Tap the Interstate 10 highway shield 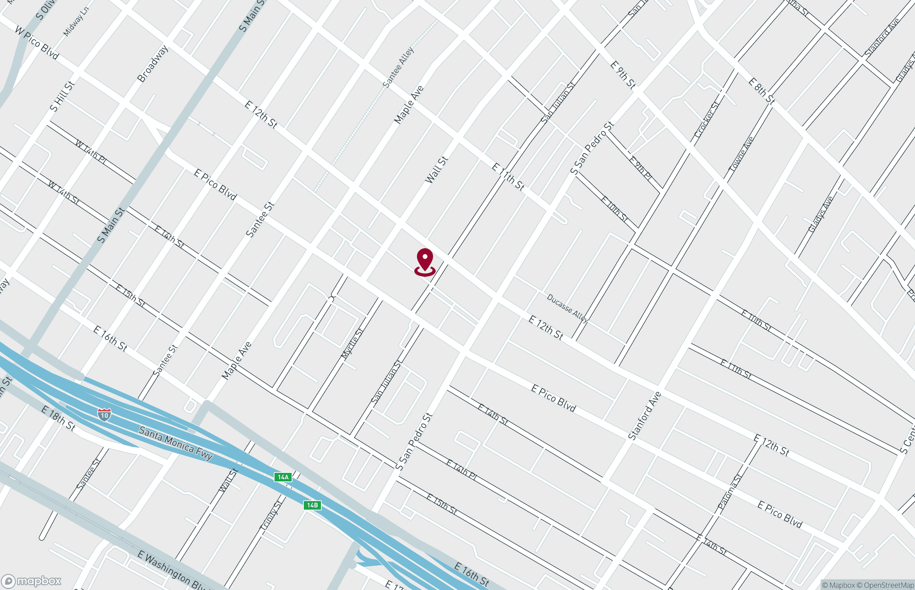104,415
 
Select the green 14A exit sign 283,477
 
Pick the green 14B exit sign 312,505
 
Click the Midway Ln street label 76,22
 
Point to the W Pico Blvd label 37,42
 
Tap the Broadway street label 153,63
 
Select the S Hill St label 62,96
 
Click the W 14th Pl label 90,152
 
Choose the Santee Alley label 399,67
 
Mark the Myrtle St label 352,343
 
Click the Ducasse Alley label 567,307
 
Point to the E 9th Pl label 640,168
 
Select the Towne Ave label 741,154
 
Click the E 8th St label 762,91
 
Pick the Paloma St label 730,491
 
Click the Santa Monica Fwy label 175,443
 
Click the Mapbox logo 31,581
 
